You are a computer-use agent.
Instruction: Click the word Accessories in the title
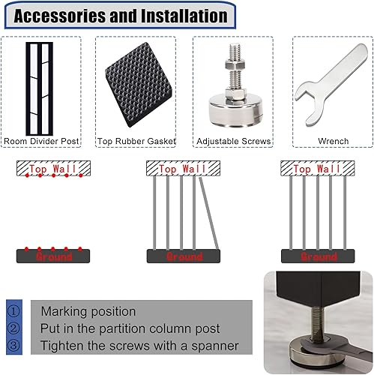pos(60,16)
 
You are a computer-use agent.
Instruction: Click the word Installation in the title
pos(184,16)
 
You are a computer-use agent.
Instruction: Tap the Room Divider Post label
pos(41,141)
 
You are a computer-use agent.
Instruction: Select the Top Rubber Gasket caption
pos(136,141)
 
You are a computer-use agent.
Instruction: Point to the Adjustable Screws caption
pos(234,141)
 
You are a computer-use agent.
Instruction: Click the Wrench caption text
pos(333,141)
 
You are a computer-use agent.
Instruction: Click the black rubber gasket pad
pos(138,85)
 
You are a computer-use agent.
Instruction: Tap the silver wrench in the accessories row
pos(331,85)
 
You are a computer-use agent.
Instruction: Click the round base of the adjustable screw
pos(235,110)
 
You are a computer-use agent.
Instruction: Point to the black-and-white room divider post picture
pos(40,88)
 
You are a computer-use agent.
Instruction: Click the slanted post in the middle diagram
pos(209,213)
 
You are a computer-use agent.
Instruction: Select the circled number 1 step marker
pos(13,311)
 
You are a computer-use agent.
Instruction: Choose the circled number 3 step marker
pos(13,345)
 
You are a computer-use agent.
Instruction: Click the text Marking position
pos(88,311)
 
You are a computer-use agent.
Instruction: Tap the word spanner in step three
pos(215,346)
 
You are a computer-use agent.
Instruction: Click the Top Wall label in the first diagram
pos(52,169)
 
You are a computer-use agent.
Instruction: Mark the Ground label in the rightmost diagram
pos(319,256)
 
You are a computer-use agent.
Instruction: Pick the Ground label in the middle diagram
pos(184,256)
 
